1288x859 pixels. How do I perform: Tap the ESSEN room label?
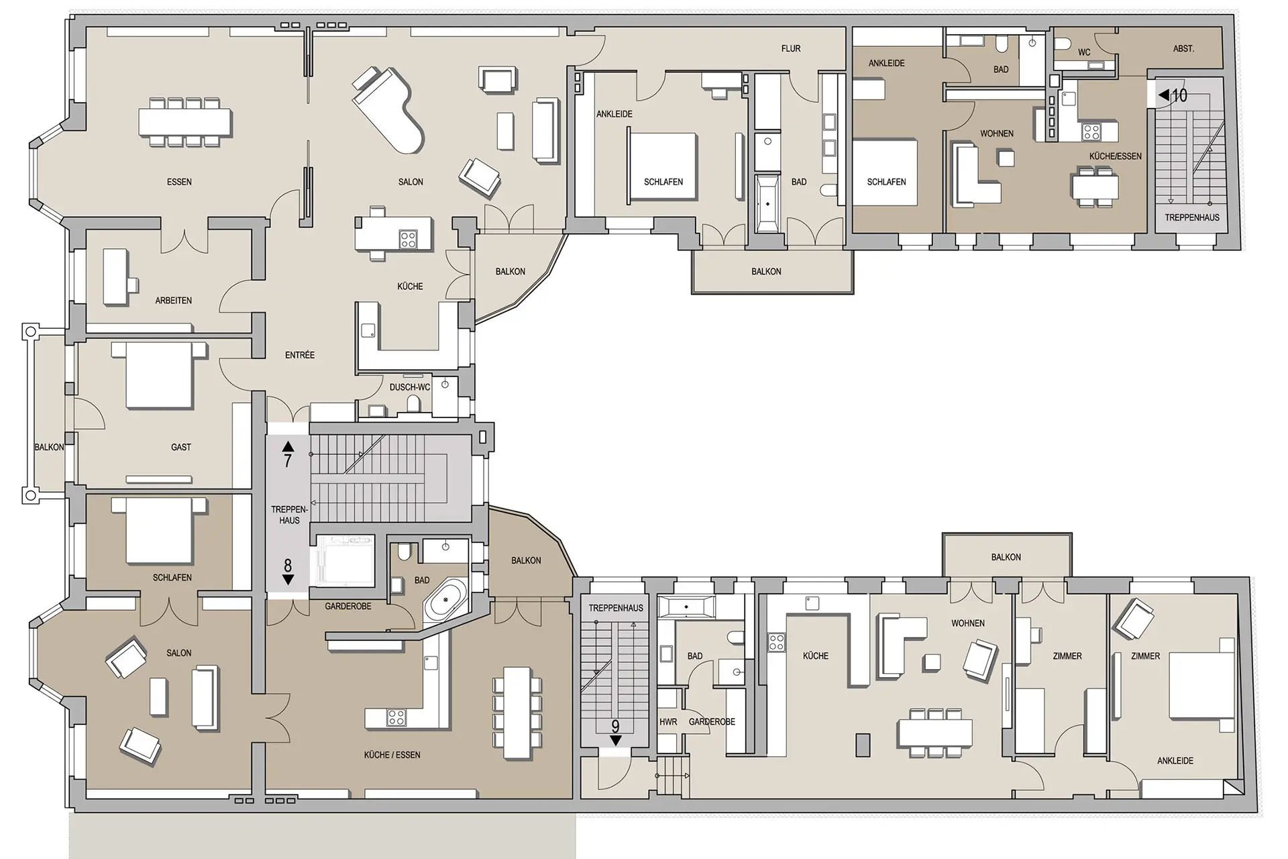[179, 182]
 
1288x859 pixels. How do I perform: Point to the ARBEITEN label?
[174, 301]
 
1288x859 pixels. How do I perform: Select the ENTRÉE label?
[300, 355]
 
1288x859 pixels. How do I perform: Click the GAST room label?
[181, 447]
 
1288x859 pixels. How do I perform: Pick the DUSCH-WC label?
[410, 387]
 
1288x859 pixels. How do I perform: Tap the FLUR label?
[791, 48]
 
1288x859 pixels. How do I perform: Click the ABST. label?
[1183, 48]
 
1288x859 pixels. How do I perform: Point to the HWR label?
[668, 722]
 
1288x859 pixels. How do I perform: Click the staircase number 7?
[288, 460]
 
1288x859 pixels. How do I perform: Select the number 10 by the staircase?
[1179, 95]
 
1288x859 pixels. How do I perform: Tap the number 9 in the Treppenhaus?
[615, 726]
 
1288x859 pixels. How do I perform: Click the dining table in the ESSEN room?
[186, 122]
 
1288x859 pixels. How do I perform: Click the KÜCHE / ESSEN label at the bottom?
[392, 755]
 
